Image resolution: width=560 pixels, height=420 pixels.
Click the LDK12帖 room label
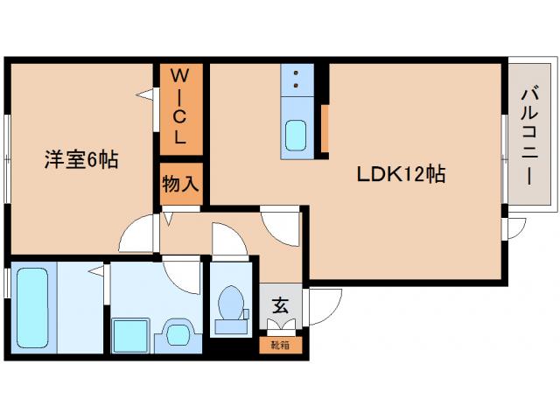[x=401, y=174]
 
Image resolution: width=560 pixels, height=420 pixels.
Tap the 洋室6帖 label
[x=81, y=160]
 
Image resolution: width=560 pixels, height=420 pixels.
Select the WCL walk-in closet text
[x=179, y=105]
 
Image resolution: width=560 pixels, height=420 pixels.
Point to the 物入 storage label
[x=180, y=184]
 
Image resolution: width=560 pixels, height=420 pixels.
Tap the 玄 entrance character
[x=280, y=306]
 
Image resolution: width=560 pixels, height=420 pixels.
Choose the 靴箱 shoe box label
[x=280, y=345]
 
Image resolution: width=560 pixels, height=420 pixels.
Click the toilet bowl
[x=232, y=306]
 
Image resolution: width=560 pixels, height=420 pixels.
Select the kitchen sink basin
[x=296, y=136]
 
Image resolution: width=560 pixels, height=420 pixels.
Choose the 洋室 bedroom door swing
[x=138, y=232]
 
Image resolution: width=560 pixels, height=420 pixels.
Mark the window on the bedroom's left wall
[x=8, y=157]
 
